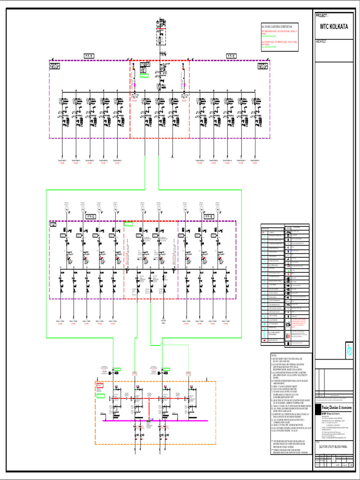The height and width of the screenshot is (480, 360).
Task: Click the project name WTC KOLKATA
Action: tap(334, 27)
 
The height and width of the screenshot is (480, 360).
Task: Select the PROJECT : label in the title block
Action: tap(325, 15)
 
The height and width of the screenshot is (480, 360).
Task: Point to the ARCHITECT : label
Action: tap(326, 42)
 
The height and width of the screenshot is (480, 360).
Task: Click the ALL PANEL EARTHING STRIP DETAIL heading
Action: tap(279, 28)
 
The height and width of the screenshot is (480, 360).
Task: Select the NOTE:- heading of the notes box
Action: tap(275, 356)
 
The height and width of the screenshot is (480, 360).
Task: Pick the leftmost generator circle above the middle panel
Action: tap(67, 210)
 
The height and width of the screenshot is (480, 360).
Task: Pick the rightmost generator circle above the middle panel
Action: tap(217, 210)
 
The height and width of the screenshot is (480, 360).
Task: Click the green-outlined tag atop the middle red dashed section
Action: tap(128, 224)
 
